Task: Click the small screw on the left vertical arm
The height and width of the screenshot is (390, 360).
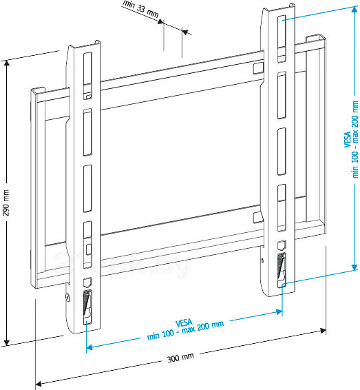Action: (67, 298)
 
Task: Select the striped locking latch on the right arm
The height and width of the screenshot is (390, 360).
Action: (282, 265)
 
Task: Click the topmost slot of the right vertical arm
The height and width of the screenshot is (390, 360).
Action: (282, 33)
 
